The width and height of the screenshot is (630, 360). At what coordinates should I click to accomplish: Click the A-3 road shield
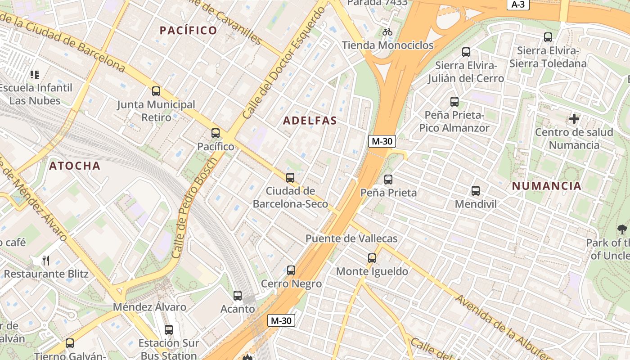[x=518, y=4]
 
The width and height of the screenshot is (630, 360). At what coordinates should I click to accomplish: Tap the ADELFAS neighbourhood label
[x=310, y=121]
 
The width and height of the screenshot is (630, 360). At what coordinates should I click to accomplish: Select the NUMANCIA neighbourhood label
[x=547, y=186]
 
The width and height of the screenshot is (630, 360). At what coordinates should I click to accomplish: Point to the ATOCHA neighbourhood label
[x=75, y=166]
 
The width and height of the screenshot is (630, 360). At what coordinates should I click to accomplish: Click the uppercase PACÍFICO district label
[x=189, y=30]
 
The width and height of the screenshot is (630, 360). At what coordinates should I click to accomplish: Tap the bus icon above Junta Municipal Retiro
[x=156, y=91]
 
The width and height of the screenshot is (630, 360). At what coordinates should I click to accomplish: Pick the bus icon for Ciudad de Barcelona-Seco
[x=290, y=178]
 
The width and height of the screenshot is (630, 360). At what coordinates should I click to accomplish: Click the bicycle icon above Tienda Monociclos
[x=387, y=32]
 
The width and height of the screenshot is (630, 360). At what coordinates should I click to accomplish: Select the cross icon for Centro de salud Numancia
[x=574, y=119]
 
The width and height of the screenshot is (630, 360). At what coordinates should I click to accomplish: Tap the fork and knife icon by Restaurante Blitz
[x=45, y=260]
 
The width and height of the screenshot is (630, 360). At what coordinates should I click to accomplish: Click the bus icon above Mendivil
[x=476, y=191]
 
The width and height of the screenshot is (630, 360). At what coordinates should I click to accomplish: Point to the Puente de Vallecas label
[x=351, y=238]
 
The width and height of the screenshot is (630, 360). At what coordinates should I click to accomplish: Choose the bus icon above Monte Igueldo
[x=372, y=258]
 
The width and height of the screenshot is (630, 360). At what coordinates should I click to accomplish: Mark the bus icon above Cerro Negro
[x=291, y=270]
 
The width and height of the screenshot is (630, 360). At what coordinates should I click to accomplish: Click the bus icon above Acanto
[x=238, y=296]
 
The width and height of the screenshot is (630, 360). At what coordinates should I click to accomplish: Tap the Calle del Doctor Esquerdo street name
[x=284, y=63]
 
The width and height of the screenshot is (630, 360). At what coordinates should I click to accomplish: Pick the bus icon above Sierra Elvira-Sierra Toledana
[x=548, y=37]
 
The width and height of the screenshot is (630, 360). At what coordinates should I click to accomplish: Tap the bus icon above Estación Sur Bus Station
[x=169, y=330]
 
